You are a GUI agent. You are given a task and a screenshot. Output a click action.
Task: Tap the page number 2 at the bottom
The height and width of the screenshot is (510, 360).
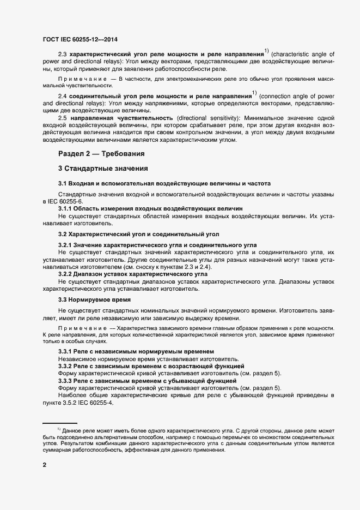point(45,465)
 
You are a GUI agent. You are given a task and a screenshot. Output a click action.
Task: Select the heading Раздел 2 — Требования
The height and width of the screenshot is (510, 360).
point(101,154)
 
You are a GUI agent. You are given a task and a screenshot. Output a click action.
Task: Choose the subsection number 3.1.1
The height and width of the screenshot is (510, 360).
point(64,209)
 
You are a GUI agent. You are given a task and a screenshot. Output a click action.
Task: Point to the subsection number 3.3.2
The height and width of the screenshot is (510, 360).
point(65,367)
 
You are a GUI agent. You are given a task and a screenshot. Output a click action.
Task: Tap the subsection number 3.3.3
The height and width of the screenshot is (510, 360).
point(65,381)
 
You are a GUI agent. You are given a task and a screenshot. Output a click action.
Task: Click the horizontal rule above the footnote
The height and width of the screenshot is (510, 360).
point(60,423)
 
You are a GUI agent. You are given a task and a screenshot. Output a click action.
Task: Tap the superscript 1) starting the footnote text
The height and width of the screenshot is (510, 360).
point(59,430)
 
